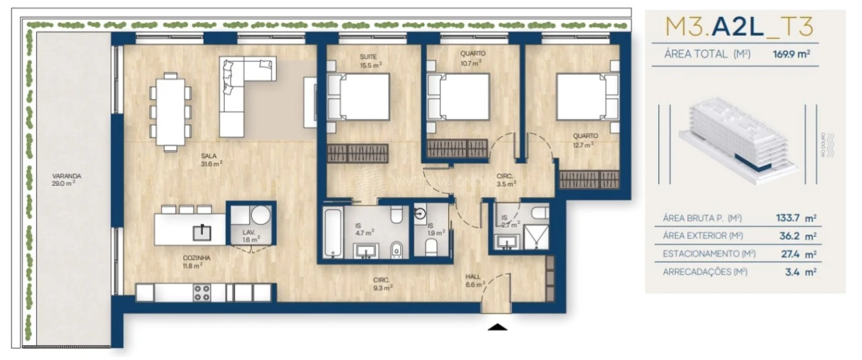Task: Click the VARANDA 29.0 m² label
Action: (63, 179)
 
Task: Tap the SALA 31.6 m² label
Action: (211, 159)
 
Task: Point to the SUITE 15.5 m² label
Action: (369, 60)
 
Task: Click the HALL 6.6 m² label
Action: (473, 280)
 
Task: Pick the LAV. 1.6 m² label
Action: (248, 235)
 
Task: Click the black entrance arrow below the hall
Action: (498, 327)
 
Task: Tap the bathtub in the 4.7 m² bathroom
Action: (333, 233)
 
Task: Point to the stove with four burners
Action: (202, 292)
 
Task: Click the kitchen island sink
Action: (203, 230)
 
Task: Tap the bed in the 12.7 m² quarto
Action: (586, 97)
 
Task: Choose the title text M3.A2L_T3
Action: (740, 27)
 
